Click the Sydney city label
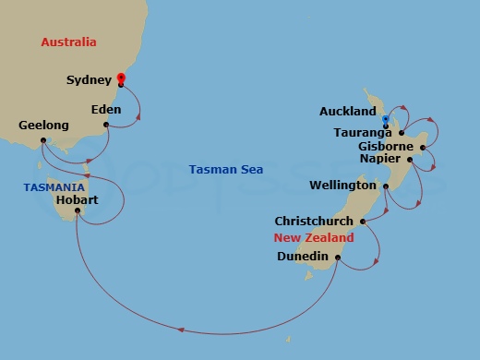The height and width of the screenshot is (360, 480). pos(90,80)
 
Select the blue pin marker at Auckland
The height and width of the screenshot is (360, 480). pos(384,119)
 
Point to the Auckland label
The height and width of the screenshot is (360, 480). pos(348,112)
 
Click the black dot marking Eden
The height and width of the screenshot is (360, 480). pos(106,125)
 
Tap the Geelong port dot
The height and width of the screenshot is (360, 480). pos(42,142)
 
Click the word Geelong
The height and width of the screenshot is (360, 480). pos(43,125)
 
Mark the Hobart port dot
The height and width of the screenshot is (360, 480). pos(78,210)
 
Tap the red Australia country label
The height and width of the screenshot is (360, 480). pos(69,42)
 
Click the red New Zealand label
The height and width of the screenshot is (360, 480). pos(314,238)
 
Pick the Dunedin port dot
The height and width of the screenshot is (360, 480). pos(338,258)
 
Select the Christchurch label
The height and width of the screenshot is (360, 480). pos(315,222)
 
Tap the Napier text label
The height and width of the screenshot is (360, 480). pos(387,159)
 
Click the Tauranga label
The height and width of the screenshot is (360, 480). pos(362,132)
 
